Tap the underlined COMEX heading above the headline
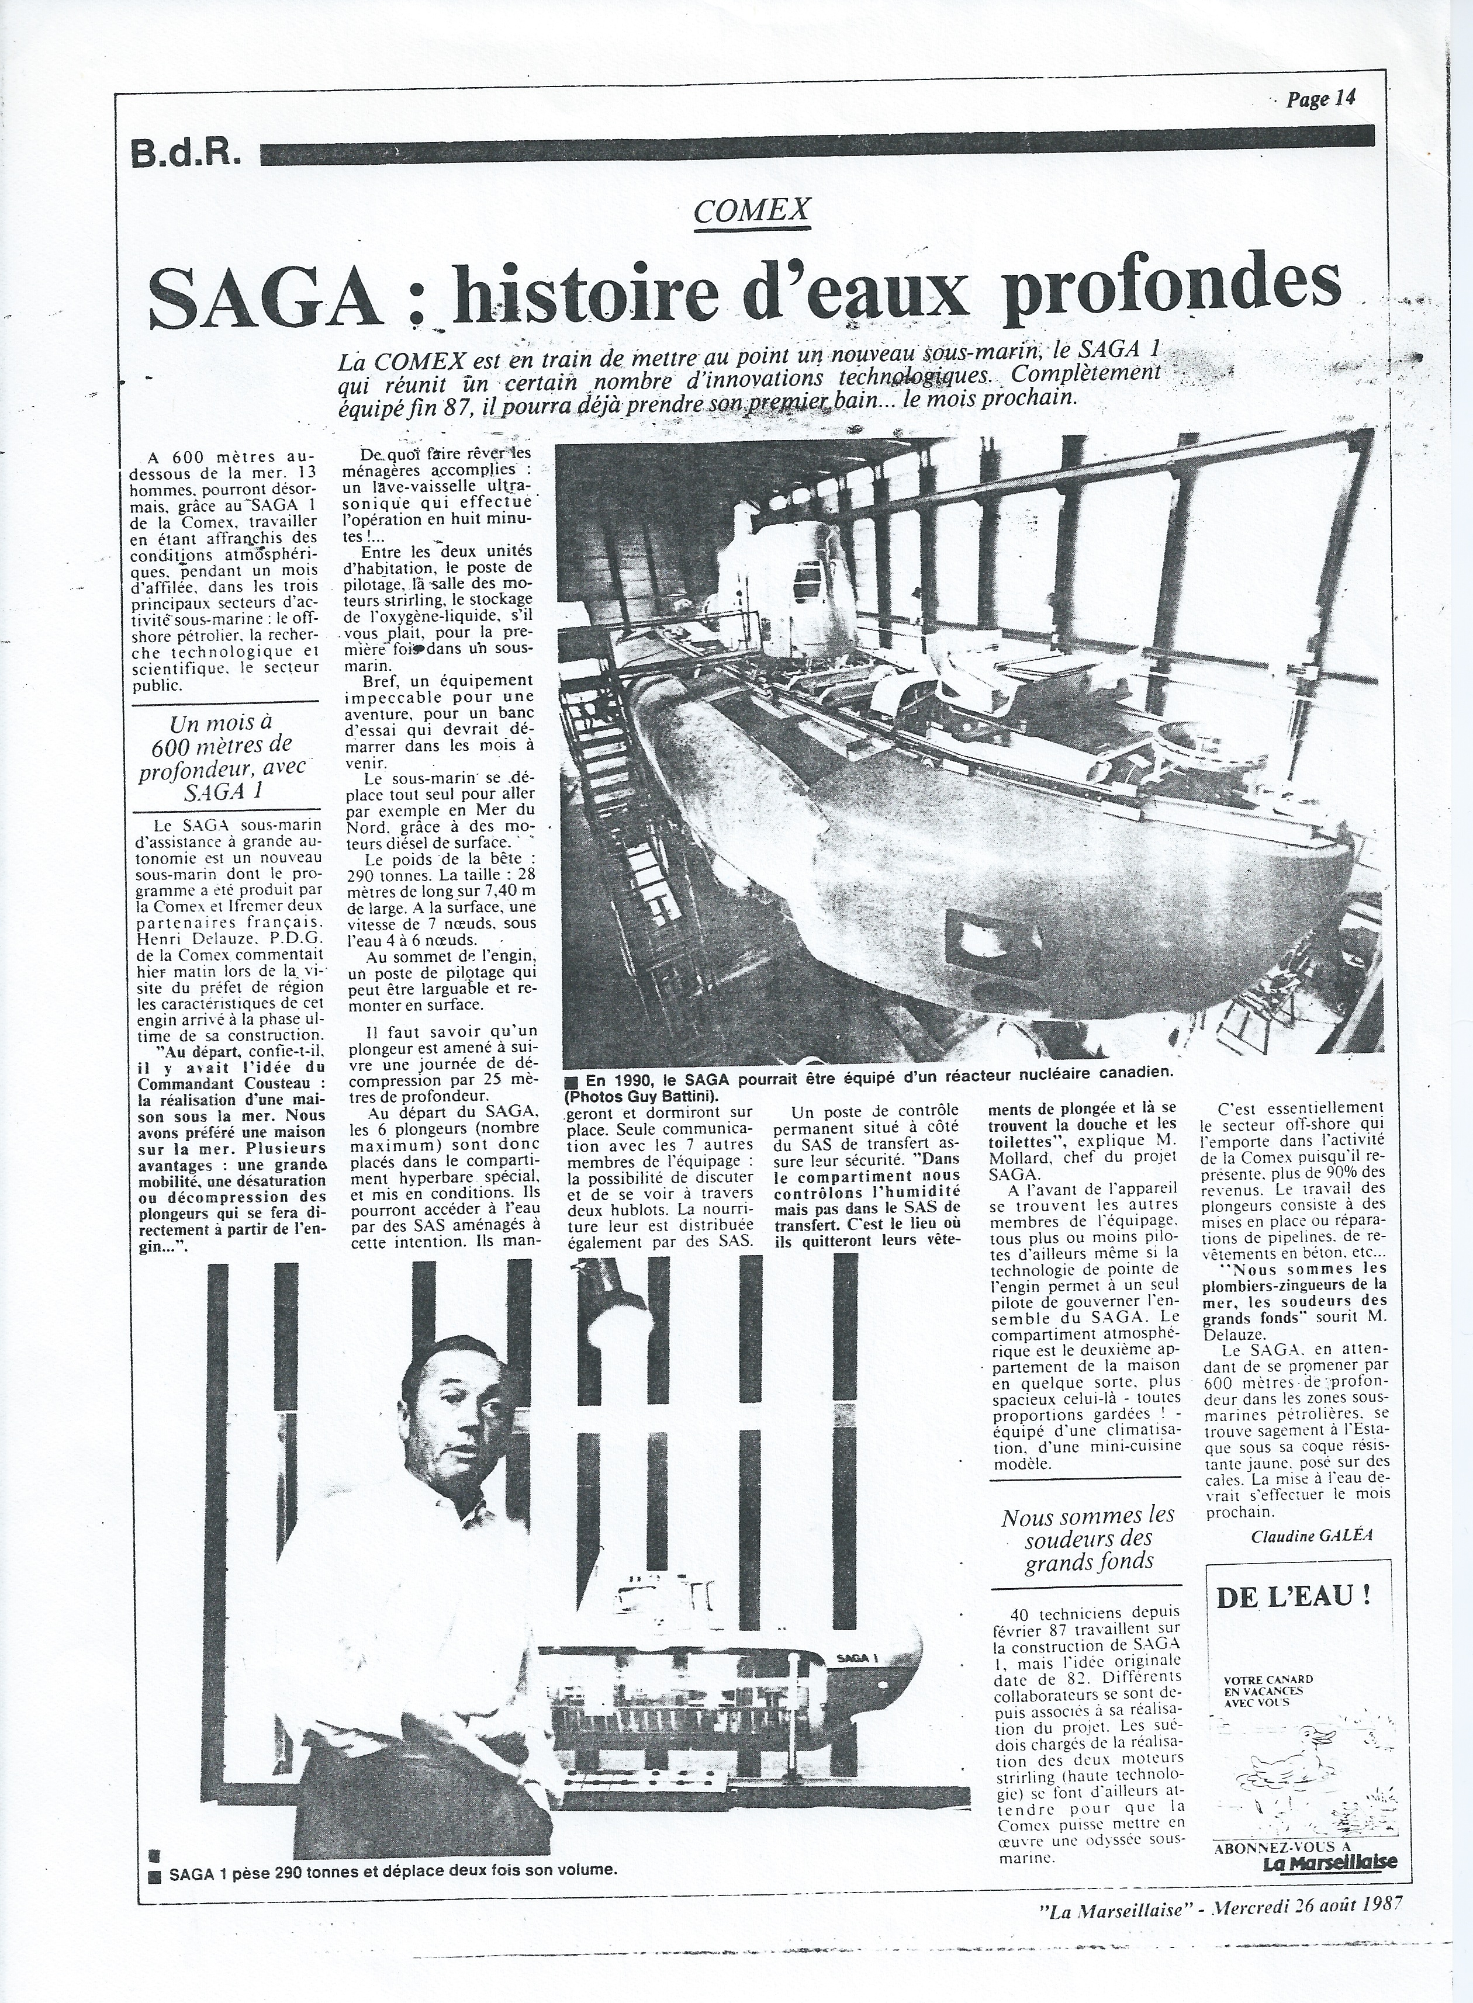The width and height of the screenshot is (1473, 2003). pos(751,210)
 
